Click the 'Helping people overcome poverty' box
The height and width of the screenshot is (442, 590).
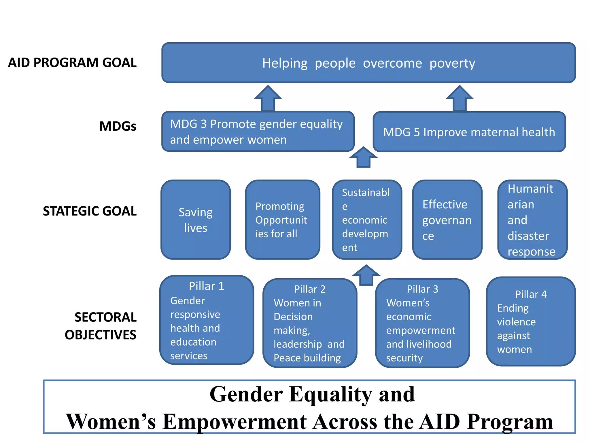point(368,63)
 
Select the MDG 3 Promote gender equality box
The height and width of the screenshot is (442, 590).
point(258,132)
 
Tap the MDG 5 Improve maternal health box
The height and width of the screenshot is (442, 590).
point(469,132)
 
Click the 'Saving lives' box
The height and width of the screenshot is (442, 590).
point(196,220)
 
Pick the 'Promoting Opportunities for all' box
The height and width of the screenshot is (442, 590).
point(282,220)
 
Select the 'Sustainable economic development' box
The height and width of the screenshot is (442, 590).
point(367,220)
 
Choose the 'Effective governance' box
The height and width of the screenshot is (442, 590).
point(447,220)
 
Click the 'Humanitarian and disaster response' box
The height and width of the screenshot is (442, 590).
point(532,220)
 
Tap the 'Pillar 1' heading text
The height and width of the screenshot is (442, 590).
point(207,286)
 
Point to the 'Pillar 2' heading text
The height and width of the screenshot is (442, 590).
point(310,289)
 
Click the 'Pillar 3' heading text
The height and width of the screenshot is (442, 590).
point(422,289)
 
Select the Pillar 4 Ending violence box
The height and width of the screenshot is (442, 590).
point(531,321)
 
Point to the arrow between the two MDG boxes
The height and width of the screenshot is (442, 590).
point(363,157)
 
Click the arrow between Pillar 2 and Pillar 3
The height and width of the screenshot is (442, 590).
point(366,275)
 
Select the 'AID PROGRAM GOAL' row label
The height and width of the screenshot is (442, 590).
point(72,63)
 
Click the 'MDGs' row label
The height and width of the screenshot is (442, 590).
point(118,126)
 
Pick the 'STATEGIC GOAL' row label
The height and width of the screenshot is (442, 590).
point(90,211)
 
